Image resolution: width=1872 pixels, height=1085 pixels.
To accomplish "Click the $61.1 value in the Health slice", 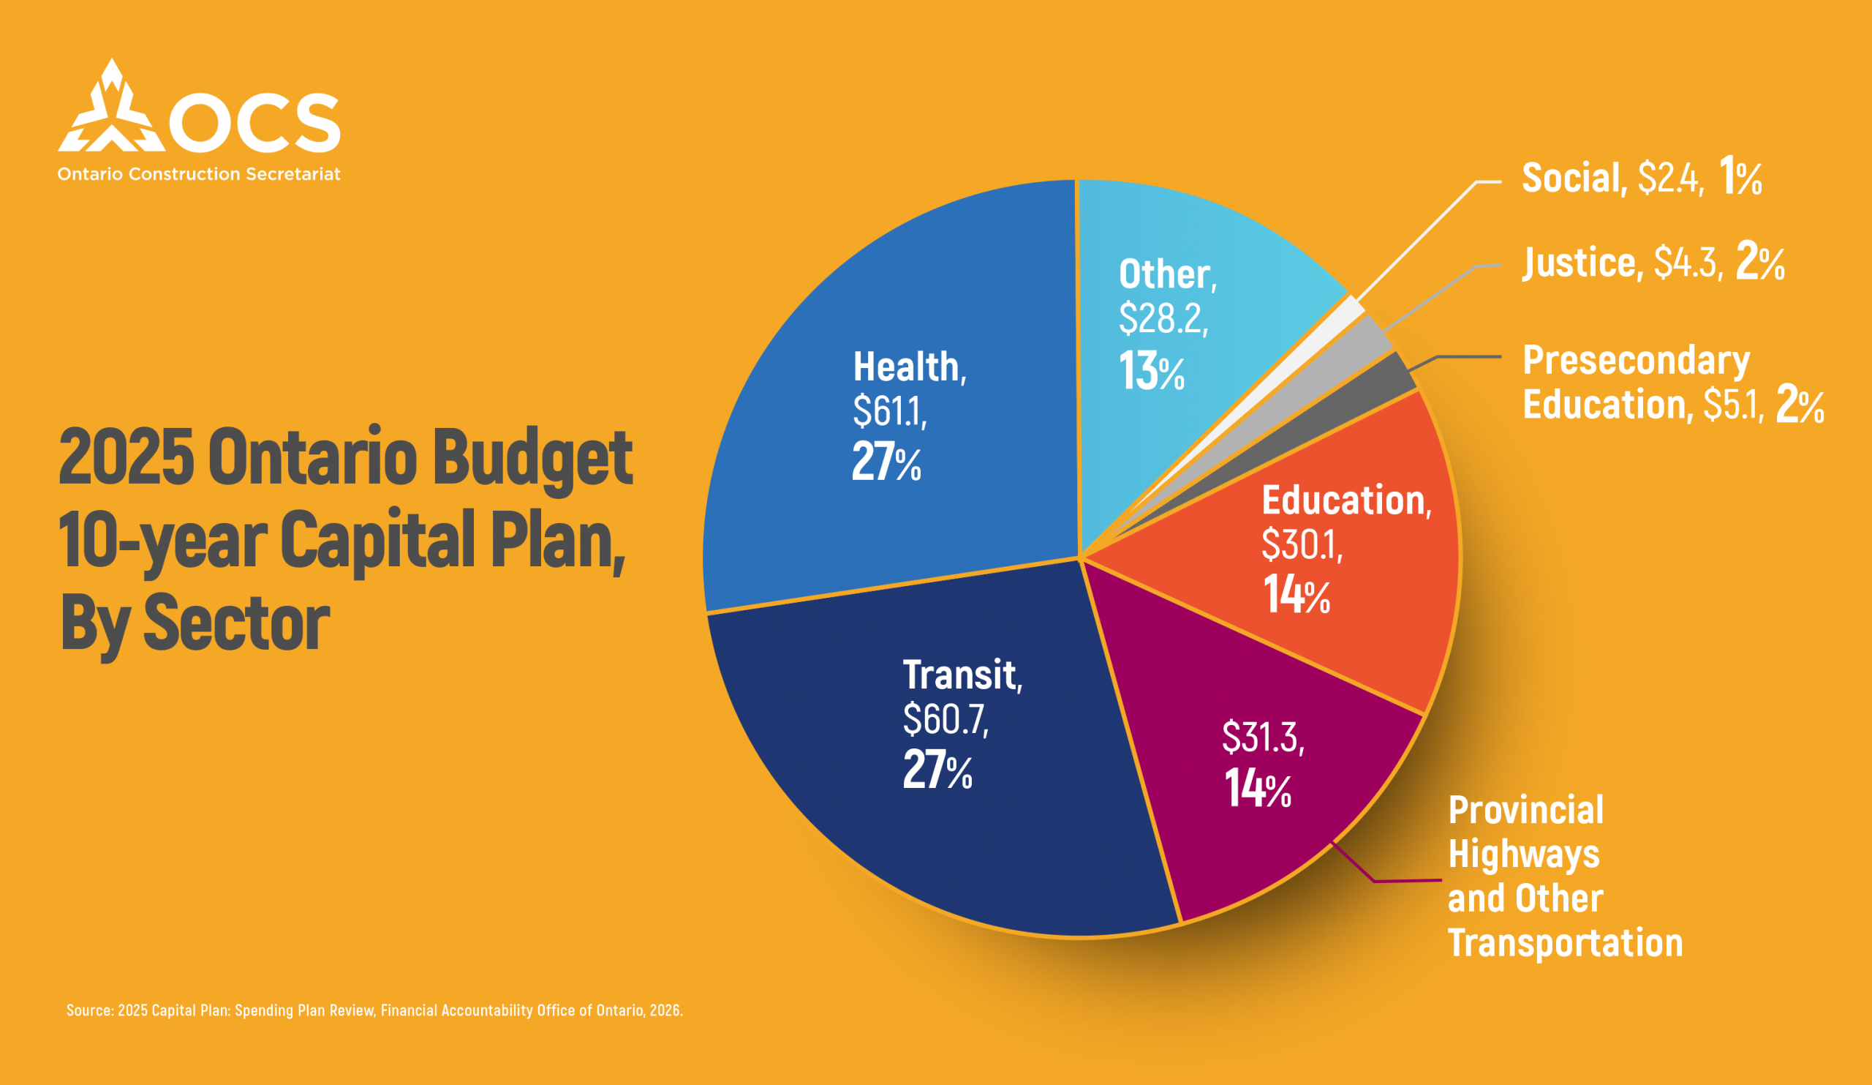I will click(889, 411).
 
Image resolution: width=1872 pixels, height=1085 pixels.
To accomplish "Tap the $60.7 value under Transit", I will click(945, 718).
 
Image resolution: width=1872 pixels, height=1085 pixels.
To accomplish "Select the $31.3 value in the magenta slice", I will click(1262, 737).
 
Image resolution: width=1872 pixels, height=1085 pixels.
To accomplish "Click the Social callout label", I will click(1571, 179).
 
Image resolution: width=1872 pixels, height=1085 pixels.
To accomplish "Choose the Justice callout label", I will click(1579, 263).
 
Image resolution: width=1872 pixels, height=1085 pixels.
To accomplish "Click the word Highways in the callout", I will click(1524, 854).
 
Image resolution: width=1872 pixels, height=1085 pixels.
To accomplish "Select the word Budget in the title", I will click(532, 457).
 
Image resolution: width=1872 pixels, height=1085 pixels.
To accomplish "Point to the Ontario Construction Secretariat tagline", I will click(199, 174).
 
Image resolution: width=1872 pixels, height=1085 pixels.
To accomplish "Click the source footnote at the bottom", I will click(374, 1010).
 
